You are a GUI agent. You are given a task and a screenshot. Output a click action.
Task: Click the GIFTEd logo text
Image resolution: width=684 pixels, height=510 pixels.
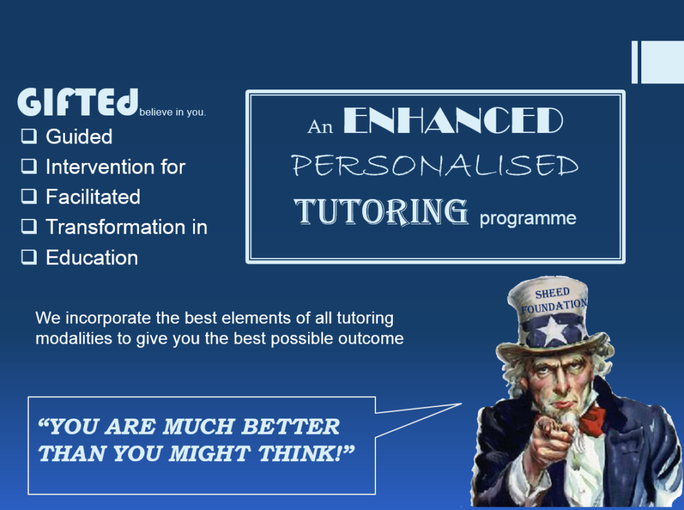77,102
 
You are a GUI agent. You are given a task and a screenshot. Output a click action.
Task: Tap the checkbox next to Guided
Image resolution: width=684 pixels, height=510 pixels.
29,136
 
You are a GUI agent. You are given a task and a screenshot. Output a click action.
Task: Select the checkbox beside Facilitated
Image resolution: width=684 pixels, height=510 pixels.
29,196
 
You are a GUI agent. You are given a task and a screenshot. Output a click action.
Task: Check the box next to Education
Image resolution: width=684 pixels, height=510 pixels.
29,257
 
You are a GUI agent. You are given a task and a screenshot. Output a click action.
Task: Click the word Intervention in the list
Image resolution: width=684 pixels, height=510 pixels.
100,167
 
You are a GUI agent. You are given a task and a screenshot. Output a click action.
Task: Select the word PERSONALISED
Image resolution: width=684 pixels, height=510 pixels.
435,166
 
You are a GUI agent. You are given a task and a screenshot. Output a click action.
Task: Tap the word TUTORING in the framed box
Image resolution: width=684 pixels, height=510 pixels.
381,212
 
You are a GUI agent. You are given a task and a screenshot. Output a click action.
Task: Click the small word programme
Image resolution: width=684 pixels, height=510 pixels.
528,218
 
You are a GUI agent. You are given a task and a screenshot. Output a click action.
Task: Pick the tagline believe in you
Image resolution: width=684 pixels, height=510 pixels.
173,112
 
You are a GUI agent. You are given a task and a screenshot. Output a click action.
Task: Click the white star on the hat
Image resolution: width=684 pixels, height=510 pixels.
553,330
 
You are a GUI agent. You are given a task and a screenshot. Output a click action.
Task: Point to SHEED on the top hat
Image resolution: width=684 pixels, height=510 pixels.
552,293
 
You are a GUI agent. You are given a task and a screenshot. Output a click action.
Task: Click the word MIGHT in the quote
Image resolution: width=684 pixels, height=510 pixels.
209,454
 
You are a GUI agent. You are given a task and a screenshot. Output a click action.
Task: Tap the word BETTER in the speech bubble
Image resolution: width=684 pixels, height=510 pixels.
291,427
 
